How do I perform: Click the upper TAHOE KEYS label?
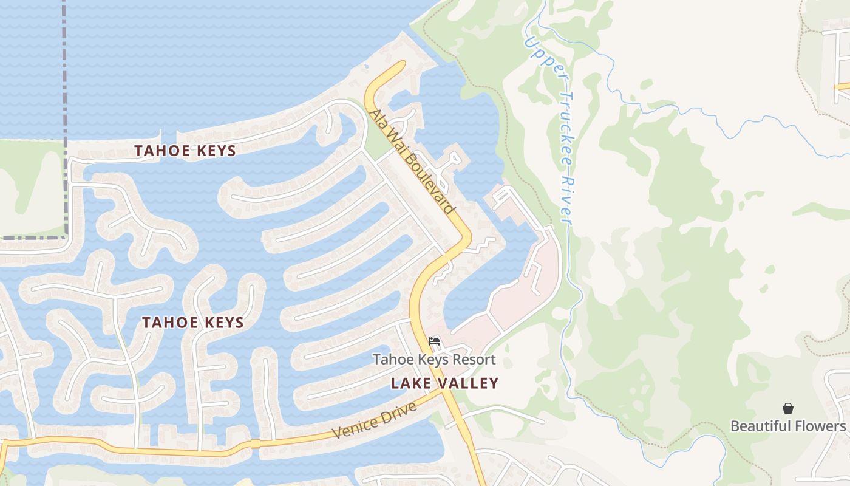tap(185, 151)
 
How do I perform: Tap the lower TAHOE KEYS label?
tap(192, 323)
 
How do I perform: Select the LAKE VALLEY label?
tap(444, 383)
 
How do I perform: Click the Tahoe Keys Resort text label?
tap(433, 360)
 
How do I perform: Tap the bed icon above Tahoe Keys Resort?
tap(434, 341)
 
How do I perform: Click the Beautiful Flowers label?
tap(787, 426)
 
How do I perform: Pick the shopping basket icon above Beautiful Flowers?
tap(787, 408)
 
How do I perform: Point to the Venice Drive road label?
tap(375, 420)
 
